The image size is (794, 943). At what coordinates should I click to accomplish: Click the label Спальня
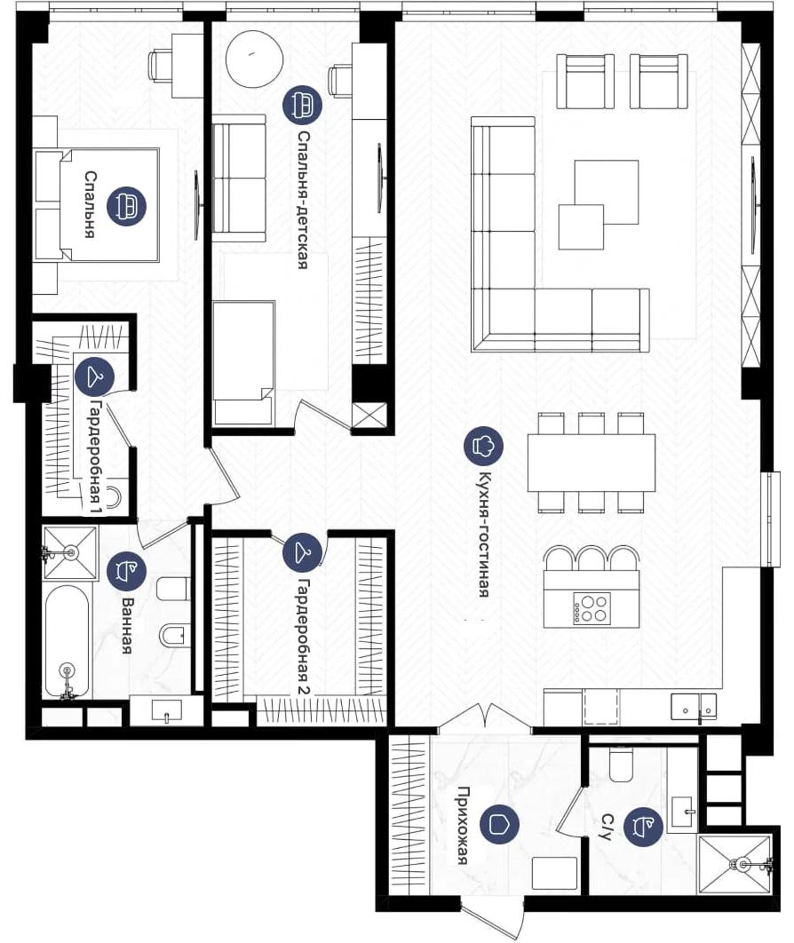pos(90,204)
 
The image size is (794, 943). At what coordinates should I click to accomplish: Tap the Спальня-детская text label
pos(303,200)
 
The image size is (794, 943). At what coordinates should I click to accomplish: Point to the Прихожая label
pos(463,825)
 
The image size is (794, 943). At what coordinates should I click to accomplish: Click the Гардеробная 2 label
pos(305,638)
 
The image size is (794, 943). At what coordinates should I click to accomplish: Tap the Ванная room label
pos(127,625)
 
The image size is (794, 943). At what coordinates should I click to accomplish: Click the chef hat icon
pos(483,446)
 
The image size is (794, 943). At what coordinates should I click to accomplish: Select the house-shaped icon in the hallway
pos(500,825)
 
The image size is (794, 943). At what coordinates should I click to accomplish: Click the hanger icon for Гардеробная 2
pos(303,551)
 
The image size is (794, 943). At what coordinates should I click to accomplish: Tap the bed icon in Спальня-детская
pos(302,104)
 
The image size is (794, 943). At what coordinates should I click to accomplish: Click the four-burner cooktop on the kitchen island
pos(592,608)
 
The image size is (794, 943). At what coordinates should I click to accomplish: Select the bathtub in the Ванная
pos(67,642)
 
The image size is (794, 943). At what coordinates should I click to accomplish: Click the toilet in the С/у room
pos(622,764)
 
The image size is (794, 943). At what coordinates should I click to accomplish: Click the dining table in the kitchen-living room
pos(592,463)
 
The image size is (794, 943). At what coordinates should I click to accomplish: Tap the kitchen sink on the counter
pos(694,707)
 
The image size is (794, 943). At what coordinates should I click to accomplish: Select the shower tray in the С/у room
pos(734,864)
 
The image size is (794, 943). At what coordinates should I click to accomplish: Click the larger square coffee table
pos(607,192)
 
